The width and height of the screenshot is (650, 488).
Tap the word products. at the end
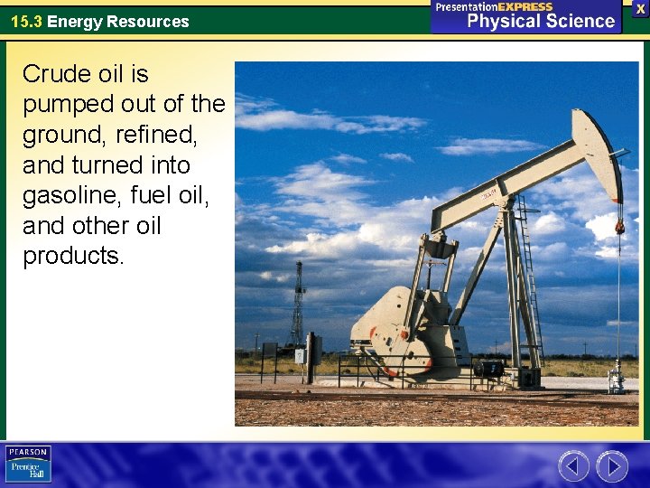tap(73, 257)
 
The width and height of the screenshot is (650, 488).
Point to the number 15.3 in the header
tap(26, 22)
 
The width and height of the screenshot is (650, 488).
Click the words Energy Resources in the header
tap(118, 22)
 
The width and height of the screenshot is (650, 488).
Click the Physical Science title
tap(541, 22)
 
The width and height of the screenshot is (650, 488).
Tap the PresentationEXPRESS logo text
tap(494, 6)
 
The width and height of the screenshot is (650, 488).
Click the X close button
tap(640, 8)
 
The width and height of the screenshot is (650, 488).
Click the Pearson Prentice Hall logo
tap(28, 464)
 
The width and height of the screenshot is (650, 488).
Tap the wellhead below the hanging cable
tap(617, 374)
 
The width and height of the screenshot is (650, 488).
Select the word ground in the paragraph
tap(64, 135)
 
